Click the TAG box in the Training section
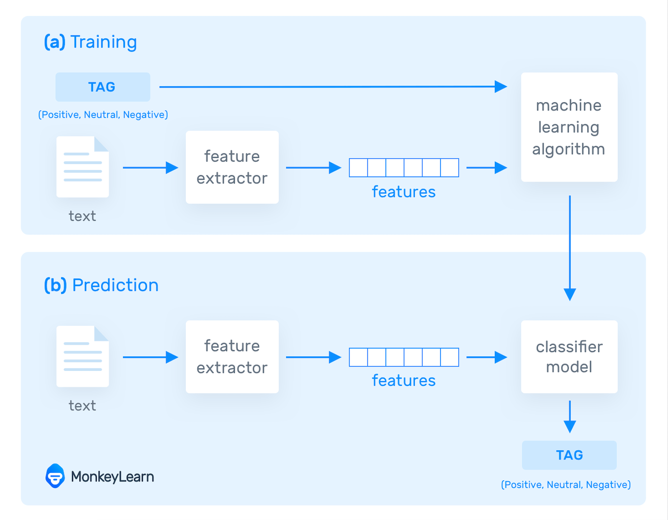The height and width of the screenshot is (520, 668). [103, 87]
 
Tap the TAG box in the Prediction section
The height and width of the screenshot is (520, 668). [569, 455]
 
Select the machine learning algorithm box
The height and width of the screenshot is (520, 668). [569, 127]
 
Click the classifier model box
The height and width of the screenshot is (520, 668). [569, 357]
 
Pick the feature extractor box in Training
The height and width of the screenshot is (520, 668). [232, 167]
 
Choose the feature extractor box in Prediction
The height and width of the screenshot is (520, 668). [232, 357]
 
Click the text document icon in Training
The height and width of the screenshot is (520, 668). [83, 167]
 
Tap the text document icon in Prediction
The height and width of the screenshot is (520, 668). [83, 357]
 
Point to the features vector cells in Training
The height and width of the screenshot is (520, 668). [404, 168]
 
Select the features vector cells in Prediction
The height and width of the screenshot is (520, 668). [404, 357]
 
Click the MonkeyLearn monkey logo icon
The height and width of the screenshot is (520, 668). [55, 476]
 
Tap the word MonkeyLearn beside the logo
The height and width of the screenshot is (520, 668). [112, 477]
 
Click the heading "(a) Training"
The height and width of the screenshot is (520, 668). [91, 42]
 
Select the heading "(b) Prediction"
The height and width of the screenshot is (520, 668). [101, 285]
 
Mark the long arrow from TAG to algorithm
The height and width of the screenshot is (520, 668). [333, 87]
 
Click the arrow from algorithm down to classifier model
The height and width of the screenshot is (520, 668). [570, 247]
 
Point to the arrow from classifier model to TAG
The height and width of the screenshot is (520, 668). [570, 416]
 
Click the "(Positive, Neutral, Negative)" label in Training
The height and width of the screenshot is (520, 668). [103, 115]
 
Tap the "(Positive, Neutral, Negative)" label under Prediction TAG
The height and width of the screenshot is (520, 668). [566, 485]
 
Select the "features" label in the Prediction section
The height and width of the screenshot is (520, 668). [404, 381]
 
